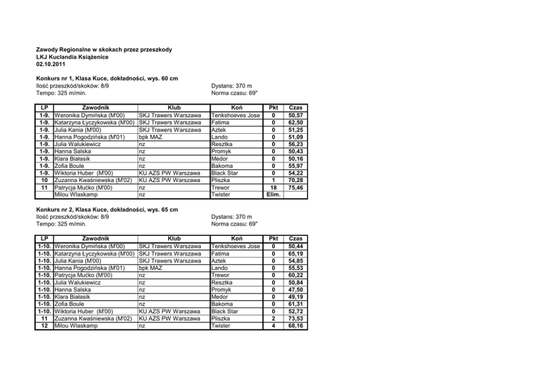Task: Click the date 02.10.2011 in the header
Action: pyautogui.click(x=50, y=64)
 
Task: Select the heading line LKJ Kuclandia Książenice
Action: pyautogui.click(x=72, y=57)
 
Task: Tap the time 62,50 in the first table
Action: pyautogui.click(x=295, y=123)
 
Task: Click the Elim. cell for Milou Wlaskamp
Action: pyautogui.click(x=274, y=195)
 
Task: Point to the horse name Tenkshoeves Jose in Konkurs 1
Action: pyautogui.click(x=235, y=116)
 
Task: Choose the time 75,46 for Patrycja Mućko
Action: pyautogui.click(x=295, y=188)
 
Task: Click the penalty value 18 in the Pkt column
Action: pyautogui.click(x=274, y=188)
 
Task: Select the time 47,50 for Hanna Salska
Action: pyautogui.click(x=295, y=290)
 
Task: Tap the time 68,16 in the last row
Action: pyautogui.click(x=295, y=326)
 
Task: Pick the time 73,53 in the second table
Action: pyautogui.click(x=295, y=319)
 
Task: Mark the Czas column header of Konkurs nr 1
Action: pyautogui.click(x=295, y=109)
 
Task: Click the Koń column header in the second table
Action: pyautogui.click(x=237, y=239)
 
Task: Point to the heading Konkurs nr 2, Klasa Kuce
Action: pyautogui.click(x=107, y=210)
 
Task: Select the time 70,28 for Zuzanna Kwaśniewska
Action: pyautogui.click(x=295, y=180)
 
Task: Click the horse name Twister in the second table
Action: pyautogui.click(x=221, y=326)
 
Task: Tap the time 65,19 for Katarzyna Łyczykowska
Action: pyautogui.click(x=295, y=254)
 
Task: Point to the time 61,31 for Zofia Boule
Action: pyautogui.click(x=295, y=304)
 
